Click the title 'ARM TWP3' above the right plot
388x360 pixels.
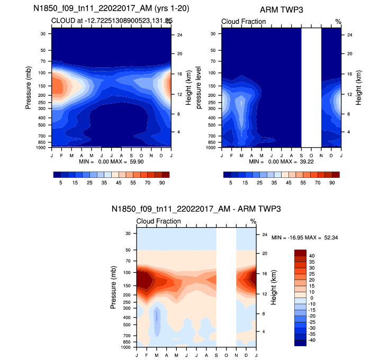coord(281,10)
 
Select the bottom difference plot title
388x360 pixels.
coord(196,210)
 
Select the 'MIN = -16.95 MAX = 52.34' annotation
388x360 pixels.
coord(304,238)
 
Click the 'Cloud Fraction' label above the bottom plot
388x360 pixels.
coord(159,221)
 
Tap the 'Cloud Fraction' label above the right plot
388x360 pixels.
coord(243,22)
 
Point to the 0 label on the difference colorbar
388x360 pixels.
coord(310,298)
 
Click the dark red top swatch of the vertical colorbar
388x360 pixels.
coord(300,252)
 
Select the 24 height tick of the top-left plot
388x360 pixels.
coord(179,35)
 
